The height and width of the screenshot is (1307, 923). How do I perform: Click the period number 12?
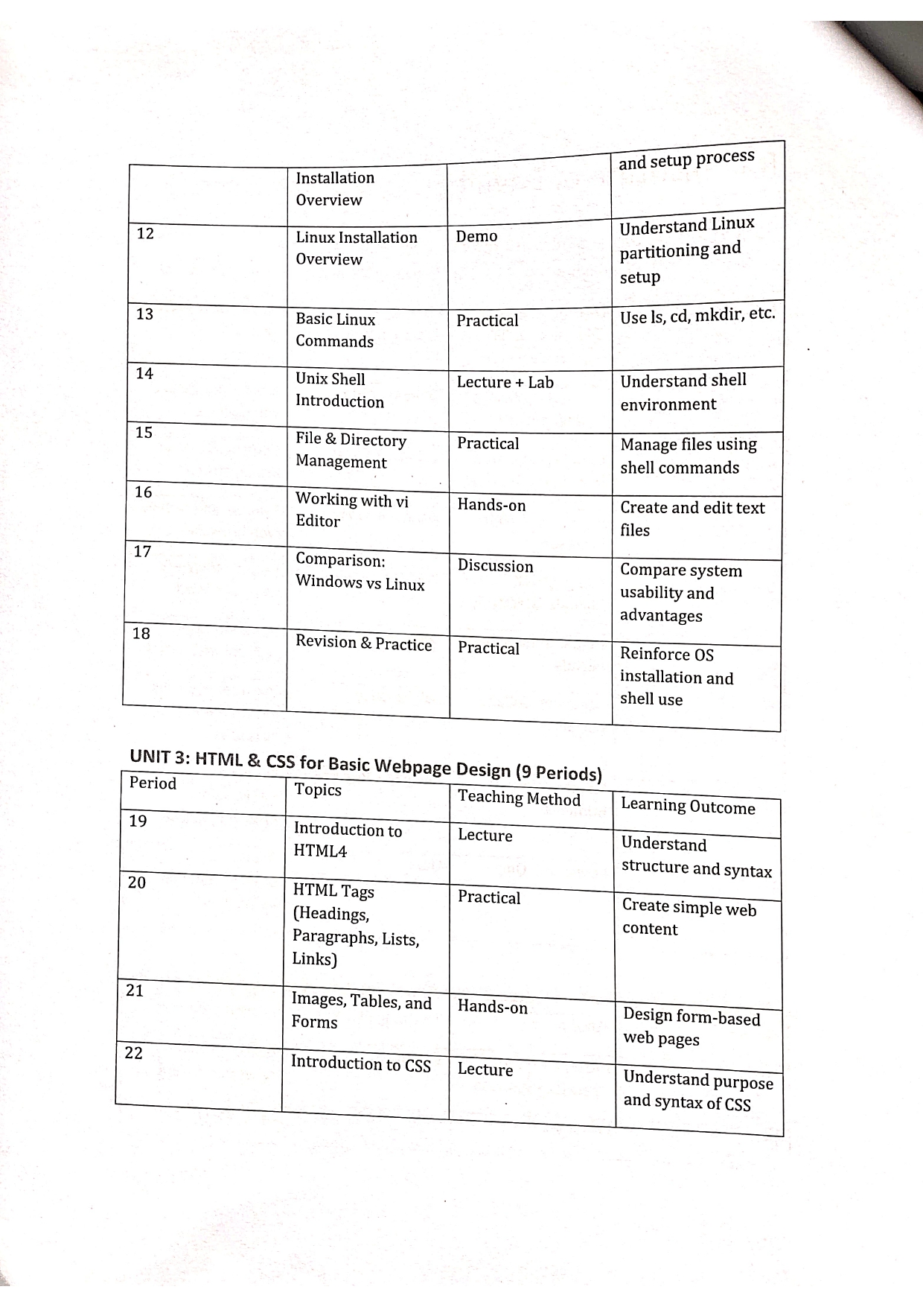145,234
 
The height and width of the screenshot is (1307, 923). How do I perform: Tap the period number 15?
144,433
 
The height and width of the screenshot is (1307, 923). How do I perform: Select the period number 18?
141,634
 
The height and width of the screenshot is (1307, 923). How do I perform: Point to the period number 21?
135,990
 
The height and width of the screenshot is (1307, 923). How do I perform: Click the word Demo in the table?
476,236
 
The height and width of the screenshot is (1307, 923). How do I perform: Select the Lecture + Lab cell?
505,383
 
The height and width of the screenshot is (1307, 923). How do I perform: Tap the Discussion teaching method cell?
495,566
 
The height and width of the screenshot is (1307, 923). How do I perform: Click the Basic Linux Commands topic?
335,330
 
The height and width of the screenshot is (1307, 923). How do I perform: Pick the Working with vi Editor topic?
351,510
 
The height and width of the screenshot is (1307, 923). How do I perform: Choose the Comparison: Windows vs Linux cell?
360,571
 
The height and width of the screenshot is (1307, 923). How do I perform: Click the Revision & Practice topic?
363,643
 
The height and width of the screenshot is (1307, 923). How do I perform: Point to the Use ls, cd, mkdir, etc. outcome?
697,316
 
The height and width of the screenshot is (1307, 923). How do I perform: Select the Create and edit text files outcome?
692,518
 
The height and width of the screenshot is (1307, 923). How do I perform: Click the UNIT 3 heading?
365,765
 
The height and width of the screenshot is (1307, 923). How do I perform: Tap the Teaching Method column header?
519,798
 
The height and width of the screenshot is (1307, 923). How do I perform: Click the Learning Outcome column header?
688,807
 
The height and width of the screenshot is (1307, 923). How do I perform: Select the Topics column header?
318,789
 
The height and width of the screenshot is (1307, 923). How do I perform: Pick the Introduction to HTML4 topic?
347,840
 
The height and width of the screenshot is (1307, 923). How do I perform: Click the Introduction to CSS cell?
360,1063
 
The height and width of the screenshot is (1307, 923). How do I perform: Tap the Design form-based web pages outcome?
692,1027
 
